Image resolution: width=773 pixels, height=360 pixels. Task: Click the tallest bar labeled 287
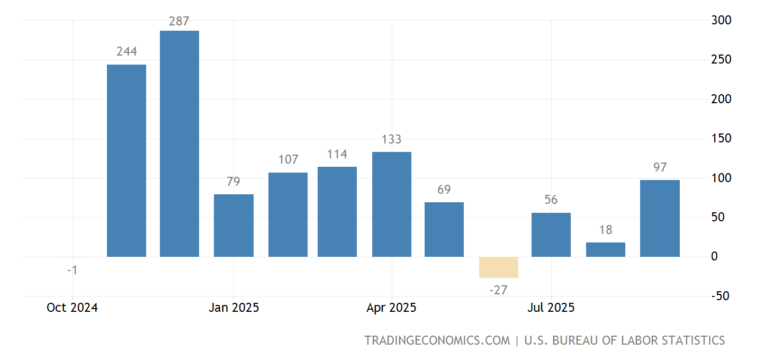click(179, 143)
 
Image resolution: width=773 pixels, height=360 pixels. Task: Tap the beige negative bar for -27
click(499, 267)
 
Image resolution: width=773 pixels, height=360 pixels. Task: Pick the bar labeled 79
click(233, 226)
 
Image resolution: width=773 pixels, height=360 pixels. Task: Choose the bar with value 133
click(392, 204)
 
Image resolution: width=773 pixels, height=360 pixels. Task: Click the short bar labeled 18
click(606, 250)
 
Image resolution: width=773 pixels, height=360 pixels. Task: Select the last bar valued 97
click(660, 218)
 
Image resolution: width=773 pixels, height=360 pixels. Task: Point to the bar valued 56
click(551, 235)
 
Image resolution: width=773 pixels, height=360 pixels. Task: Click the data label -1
click(73, 270)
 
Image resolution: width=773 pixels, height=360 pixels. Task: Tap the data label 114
click(337, 154)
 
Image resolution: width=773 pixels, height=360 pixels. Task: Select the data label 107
click(288, 159)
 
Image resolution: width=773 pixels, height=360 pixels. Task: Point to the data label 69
click(444, 190)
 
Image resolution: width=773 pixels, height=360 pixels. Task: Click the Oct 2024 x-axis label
click(72, 308)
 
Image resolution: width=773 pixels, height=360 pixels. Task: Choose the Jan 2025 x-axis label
click(233, 308)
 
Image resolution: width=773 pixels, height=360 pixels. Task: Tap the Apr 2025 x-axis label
click(391, 308)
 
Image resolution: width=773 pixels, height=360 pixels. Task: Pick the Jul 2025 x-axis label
click(551, 308)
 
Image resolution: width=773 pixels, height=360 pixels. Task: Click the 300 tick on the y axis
click(721, 20)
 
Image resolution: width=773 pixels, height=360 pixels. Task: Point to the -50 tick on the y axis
click(721, 296)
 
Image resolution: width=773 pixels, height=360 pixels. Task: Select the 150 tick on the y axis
click(721, 139)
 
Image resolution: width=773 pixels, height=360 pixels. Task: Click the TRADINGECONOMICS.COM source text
click(437, 340)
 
